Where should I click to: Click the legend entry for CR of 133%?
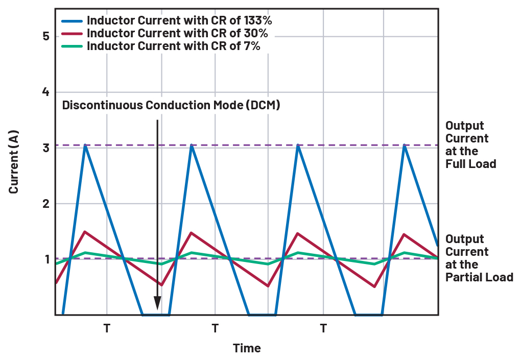tap(179, 21)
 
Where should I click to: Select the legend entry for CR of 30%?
tap(177, 34)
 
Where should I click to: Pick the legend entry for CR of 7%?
tap(173, 46)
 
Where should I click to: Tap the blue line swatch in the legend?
tap(73, 21)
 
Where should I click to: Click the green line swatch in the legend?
tap(73, 46)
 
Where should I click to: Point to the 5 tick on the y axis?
tap(46, 37)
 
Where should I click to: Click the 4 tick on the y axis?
tap(46, 92)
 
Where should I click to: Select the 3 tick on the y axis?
tap(46, 148)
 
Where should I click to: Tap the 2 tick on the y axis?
tap(46, 204)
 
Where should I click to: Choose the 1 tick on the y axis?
tap(46, 259)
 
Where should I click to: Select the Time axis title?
tap(247, 348)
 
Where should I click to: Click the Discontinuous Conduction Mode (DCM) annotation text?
tap(171, 106)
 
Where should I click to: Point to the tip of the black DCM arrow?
tap(157, 309)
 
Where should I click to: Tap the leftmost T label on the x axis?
tap(107, 328)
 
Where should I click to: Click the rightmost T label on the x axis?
tap(323, 328)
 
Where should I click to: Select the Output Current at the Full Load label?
tap(470, 145)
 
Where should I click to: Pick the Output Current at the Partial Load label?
tap(478, 258)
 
